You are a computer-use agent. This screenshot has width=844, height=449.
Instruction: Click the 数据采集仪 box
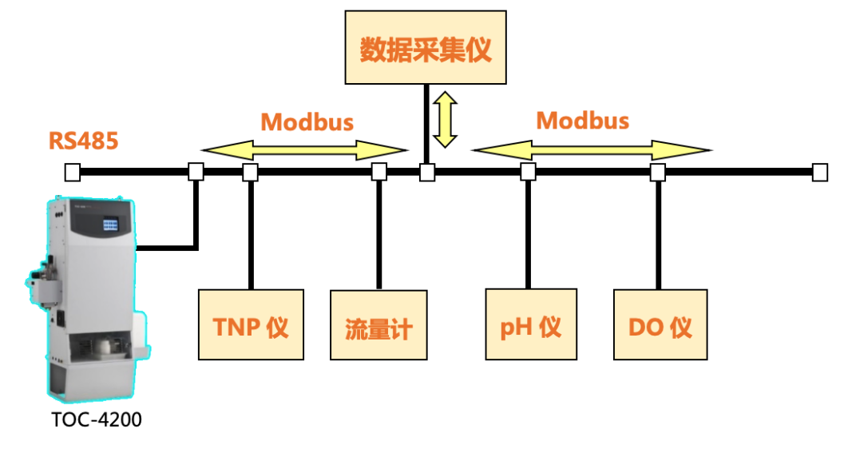point(426,47)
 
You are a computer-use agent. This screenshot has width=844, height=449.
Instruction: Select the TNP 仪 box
point(251,325)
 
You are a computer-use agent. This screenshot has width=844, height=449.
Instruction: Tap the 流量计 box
point(378,325)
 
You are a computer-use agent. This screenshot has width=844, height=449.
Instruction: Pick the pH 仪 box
point(531,325)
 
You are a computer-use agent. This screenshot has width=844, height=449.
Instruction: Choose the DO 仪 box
point(660,325)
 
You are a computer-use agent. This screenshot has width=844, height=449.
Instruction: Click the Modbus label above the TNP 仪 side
point(307,121)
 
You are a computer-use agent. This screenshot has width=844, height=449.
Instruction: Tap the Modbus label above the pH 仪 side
point(583,121)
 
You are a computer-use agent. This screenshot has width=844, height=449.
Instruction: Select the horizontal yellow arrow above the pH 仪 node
point(592,149)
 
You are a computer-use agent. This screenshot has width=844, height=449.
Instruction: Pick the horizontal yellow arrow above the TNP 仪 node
point(304,149)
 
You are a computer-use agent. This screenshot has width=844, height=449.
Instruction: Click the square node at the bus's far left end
point(72,172)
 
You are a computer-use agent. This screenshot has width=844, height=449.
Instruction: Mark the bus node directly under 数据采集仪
point(427,172)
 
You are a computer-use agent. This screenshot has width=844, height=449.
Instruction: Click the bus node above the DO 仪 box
point(658,172)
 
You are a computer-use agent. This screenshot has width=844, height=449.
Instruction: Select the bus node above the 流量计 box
point(379,172)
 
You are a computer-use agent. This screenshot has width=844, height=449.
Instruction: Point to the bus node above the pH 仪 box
point(528,172)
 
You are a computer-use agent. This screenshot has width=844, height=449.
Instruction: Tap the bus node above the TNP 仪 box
point(250,172)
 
